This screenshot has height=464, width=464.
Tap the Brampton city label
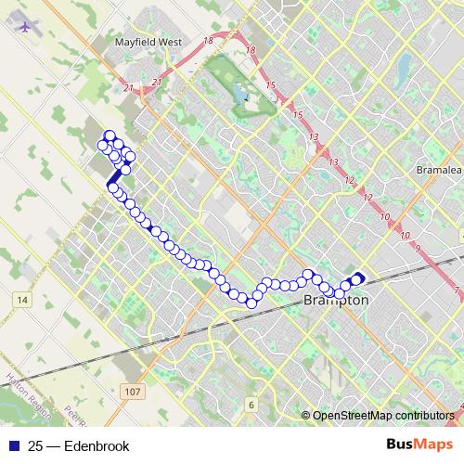336,302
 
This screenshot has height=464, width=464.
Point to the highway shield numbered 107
133,393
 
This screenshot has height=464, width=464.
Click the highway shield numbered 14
23,299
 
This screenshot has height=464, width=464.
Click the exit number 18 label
206,41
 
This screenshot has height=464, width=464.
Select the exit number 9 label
419,248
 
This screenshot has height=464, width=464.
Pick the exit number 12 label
349,179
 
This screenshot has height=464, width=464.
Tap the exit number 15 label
272,85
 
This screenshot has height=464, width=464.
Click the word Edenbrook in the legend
96,446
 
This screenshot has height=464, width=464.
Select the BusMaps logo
419,445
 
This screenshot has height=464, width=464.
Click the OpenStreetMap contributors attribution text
383,416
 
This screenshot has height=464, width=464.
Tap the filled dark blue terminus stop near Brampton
358,277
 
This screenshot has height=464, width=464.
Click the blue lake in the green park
240,93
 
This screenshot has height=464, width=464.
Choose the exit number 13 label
315,137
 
